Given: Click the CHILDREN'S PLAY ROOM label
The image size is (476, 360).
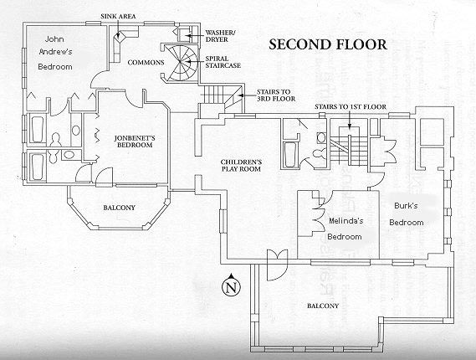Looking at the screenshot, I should [x=242, y=164].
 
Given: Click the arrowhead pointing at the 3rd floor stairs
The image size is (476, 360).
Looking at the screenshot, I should [x=239, y=95].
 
